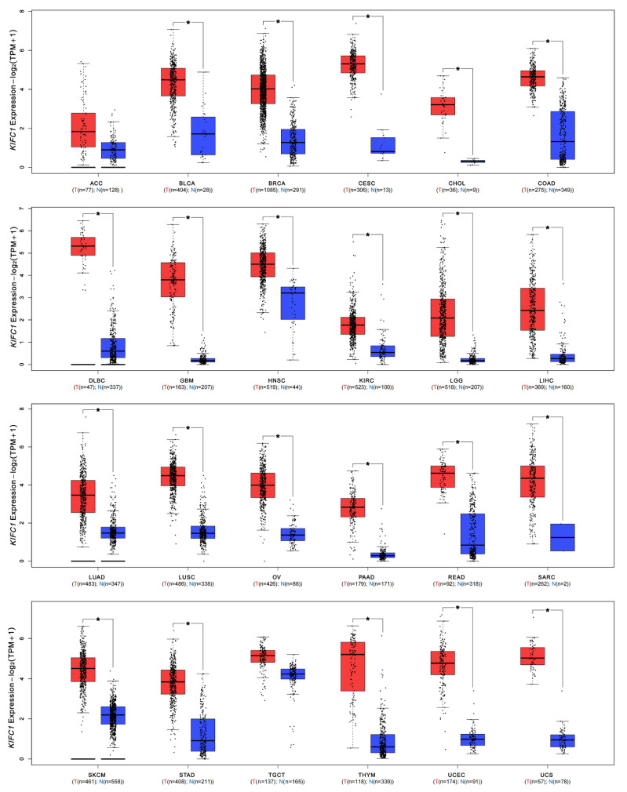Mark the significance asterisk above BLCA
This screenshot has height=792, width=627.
188,24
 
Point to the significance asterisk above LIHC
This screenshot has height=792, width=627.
547,228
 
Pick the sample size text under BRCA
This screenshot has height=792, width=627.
279,189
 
